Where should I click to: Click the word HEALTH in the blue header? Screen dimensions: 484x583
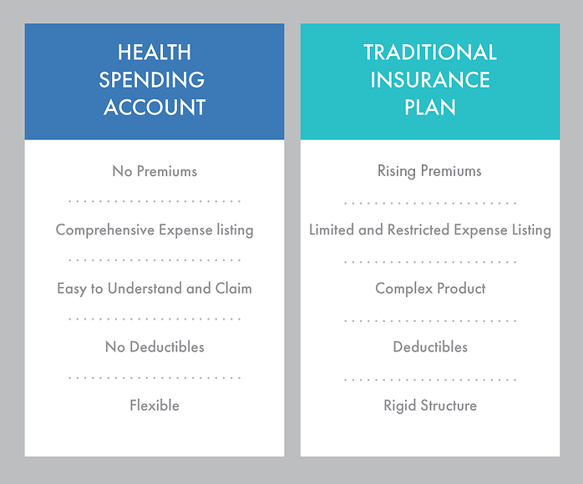click(x=155, y=53)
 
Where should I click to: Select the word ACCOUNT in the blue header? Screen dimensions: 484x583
click(x=155, y=108)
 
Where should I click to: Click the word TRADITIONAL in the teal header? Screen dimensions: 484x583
click(x=430, y=53)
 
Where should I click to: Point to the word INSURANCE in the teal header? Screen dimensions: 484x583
click(x=430, y=80)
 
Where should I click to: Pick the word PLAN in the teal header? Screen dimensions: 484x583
click(x=430, y=108)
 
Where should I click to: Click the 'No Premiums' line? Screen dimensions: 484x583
click(x=155, y=171)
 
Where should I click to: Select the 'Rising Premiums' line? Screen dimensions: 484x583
click(x=430, y=171)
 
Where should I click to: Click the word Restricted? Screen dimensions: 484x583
click(x=418, y=229)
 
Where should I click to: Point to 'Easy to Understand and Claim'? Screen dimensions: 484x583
click(x=155, y=289)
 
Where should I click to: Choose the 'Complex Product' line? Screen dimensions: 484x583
click(x=430, y=289)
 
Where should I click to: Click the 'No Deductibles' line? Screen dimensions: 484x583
click(x=155, y=346)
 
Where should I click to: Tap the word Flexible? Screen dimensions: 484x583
click(x=155, y=406)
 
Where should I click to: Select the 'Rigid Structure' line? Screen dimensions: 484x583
click(x=430, y=406)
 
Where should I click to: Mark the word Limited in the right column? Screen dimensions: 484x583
click(x=332, y=229)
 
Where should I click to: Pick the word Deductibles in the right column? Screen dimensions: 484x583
click(x=430, y=346)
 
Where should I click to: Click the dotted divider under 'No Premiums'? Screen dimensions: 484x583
click(x=155, y=201)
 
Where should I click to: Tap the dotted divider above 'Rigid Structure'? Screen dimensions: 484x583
click(x=430, y=378)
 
